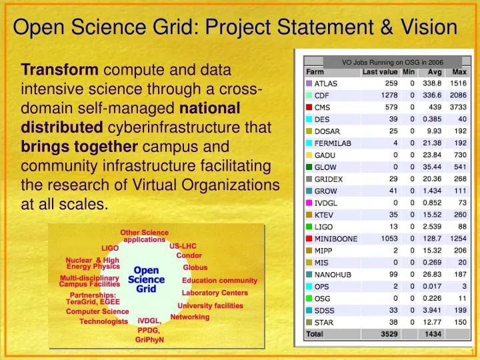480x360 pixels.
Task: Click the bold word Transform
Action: [x=60, y=69]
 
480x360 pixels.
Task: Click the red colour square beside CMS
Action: [x=309, y=106]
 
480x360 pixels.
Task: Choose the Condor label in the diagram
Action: [x=189, y=255]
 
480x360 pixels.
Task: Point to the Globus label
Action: [x=195, y=267]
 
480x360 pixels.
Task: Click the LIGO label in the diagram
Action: [x=110, y=248]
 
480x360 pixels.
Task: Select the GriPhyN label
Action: [x=149, y=339]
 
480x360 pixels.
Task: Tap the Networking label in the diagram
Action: [x=189, y=317]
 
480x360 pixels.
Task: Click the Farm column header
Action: [x=316, y=72]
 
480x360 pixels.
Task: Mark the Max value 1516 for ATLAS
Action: [x=457, y=83]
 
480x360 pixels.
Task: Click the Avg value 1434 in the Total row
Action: [x=433, y=333]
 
